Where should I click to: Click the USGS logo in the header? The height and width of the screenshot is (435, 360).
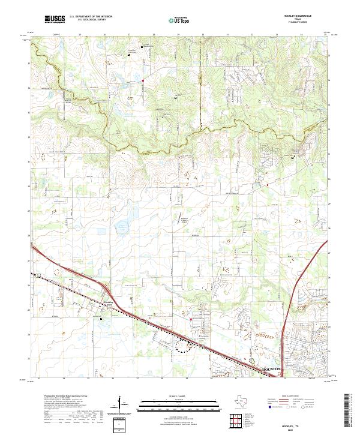tap(55, 19)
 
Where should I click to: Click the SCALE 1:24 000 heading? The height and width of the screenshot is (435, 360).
tap(180, 397)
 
